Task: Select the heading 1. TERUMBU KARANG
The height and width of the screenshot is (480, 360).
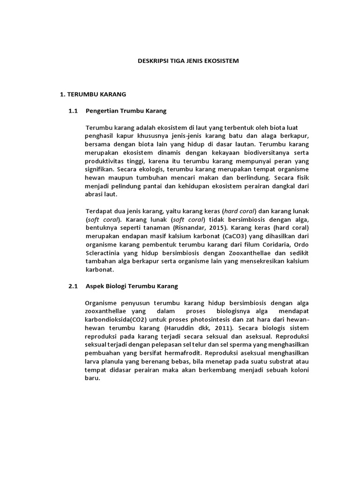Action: (x=93, y=94)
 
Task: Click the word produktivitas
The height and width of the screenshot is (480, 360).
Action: (x=105, y=161)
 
